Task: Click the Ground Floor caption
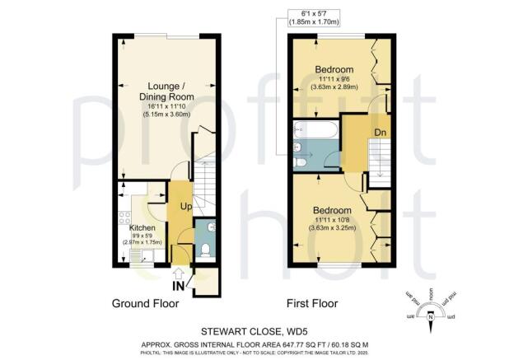tap(145, 303)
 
